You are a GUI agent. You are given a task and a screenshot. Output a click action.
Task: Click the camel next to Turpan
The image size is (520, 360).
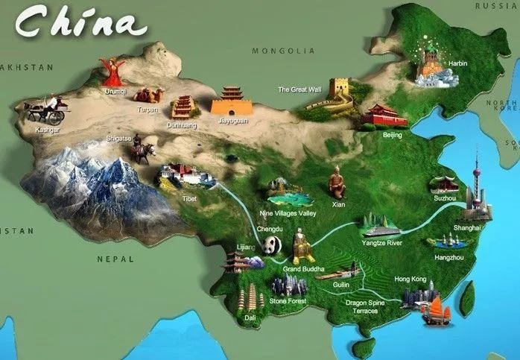tap(150, 95)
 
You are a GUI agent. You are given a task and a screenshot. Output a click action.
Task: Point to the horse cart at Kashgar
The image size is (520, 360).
tap(47, 111)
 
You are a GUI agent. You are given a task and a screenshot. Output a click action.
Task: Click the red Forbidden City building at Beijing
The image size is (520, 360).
tap(385, 116)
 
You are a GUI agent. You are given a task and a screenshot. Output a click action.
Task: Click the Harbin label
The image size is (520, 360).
tap(458, 64)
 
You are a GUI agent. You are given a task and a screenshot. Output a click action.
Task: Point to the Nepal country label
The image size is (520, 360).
tap(115, 259)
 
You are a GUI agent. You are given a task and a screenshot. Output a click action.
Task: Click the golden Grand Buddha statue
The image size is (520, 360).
tap(301, 246)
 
